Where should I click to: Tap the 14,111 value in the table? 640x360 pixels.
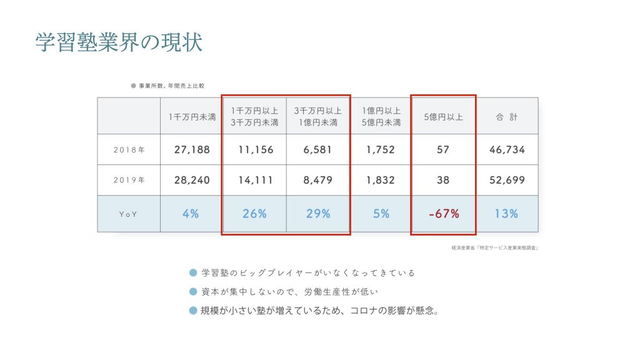click(x=254, y=180)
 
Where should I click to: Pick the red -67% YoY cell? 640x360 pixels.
click(x=444, y=214)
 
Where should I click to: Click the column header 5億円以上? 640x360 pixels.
click(x=444, y=116)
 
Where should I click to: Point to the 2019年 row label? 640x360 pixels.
click(x=129, y=180)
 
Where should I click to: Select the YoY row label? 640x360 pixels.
click(x=129, y=214)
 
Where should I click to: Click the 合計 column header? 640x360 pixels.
click(x=506, y=116)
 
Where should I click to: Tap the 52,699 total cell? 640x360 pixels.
click(x=506, y=180)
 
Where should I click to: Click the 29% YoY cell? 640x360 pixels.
click(x=318, y=214)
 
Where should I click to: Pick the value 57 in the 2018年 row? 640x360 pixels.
click(x=444, y=150)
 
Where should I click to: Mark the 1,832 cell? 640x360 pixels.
click(x=381, y=180)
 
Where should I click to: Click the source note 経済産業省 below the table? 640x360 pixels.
click(x=494, y=248)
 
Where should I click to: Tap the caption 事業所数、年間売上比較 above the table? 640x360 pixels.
click(x=170, y=86)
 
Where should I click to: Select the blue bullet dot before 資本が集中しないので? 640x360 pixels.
click(x=193, y=292)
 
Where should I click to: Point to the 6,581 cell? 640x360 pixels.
click(x=318, y=150)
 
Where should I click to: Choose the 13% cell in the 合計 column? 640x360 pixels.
click(x=506, y=214)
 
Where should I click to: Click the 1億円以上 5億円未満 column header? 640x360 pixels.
click(x=381, y=116)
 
